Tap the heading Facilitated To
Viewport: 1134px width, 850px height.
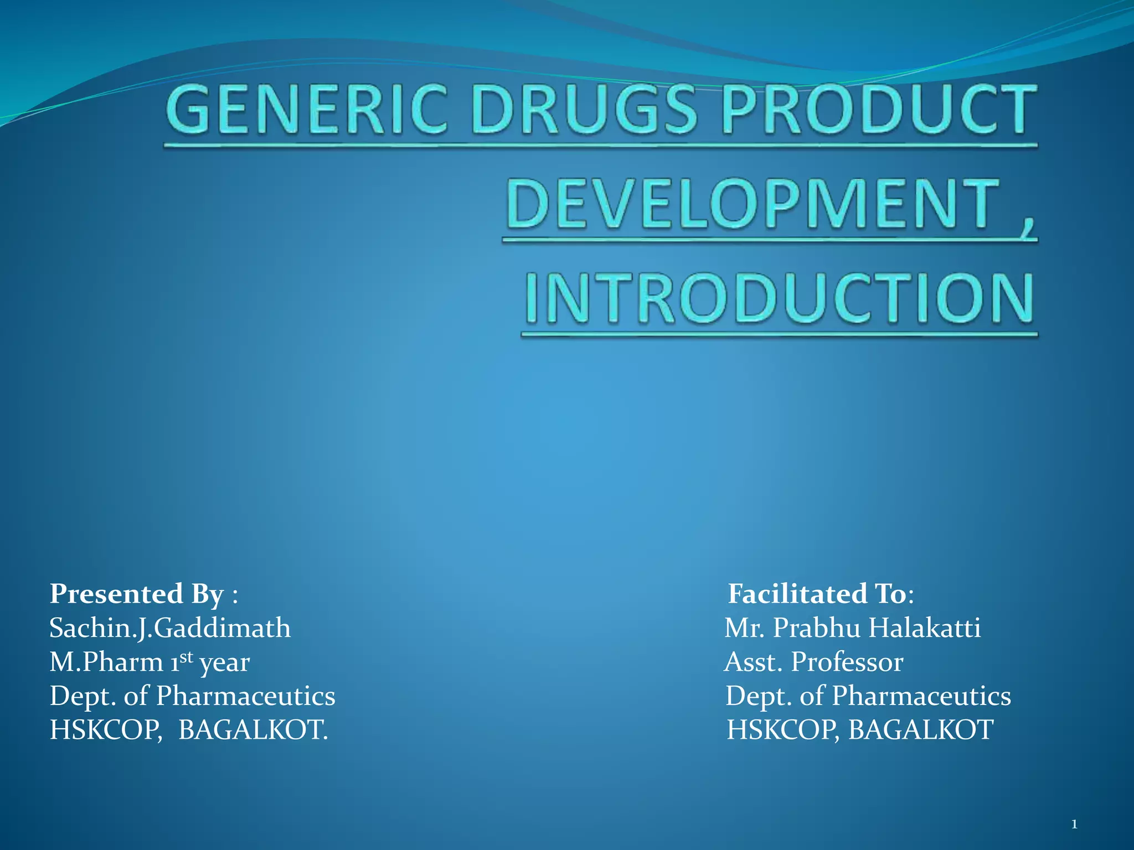pyautogui.click(x=817, y=594)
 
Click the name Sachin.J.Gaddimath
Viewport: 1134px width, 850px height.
pyautogui.click(x=170, y=628)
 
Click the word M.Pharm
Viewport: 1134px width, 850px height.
pyautogui.click(x=106, y=662)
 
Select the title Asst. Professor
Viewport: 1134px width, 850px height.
pyautogui.click(x=814, y=662)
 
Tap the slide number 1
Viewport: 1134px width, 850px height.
pyautogui.click(x=1074, y=825)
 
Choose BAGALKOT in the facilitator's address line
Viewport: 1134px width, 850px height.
pyautogui.click(x=921, y=730)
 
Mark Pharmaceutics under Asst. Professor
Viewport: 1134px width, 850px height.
pyautogui.click(x=921, y=696)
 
